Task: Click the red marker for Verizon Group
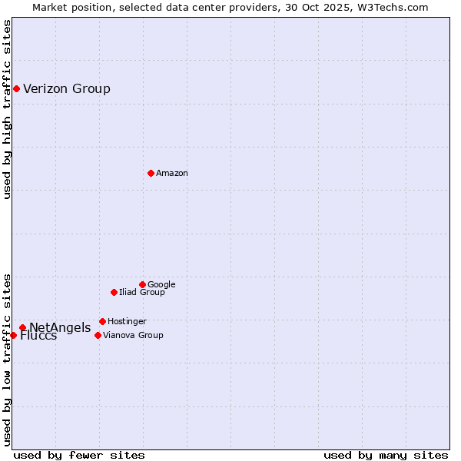[x=16, y=88]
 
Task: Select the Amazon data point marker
[x=151, y=173]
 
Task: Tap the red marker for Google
[x=142, y=284]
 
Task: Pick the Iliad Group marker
[x=114, y=292]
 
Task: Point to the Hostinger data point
[x=102, y=321]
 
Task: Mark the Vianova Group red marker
[x=98, y=335]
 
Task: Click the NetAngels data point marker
[x=22, y=327]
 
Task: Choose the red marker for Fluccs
[x=13, y=335]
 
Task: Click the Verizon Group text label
[x=67, y=88]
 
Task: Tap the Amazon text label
[x=172, y=173]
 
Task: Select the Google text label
[x=161, y=284]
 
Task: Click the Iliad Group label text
[x=142, y=292]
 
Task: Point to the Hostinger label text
[x=127, y=321]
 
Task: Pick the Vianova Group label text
[x=133, y=335]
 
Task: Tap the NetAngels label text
[x=60, y=328]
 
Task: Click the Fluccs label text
[x=38, y=336]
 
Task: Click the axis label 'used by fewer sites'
[x=79, y=455]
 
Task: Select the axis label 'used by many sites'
[x=386, y=455]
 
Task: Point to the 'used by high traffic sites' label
[x=7, y=109]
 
